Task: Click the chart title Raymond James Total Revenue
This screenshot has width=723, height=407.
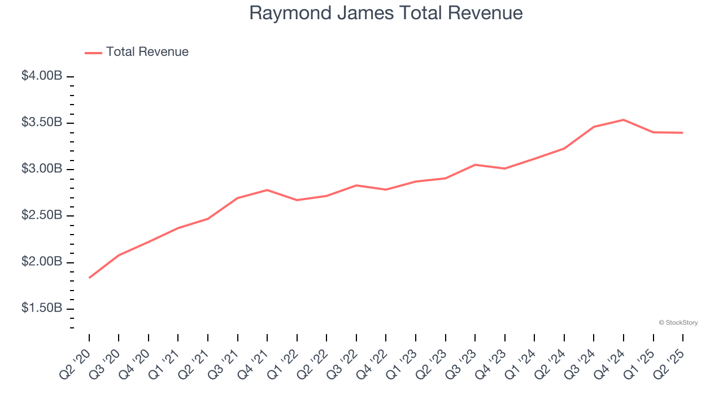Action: (x=386, y=12)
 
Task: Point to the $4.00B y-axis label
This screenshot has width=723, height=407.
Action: (x=42, y=76)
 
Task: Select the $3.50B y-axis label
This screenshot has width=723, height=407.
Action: (x=42, y=123)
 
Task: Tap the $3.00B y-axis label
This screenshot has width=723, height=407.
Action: (x=42, y=169)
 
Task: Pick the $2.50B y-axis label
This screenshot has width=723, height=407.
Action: (x=42, y=216)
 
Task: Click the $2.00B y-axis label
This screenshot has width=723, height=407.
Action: (x=42, y=262)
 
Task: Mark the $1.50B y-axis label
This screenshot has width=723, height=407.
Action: (x=42, y=309)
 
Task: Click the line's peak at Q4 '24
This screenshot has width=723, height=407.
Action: (x=623, y=120)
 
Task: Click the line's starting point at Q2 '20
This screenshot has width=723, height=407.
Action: (x=89, y=278)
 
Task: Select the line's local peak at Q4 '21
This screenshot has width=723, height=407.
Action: (x=267, y=190)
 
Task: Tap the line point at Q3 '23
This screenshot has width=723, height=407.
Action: (x=475, y=164)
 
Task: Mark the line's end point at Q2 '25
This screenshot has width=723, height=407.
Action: (x=682, y=133)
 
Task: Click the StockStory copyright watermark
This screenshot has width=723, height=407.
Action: (x=678, y=323)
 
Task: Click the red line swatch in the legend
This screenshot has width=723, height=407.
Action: (x=93, y=53)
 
